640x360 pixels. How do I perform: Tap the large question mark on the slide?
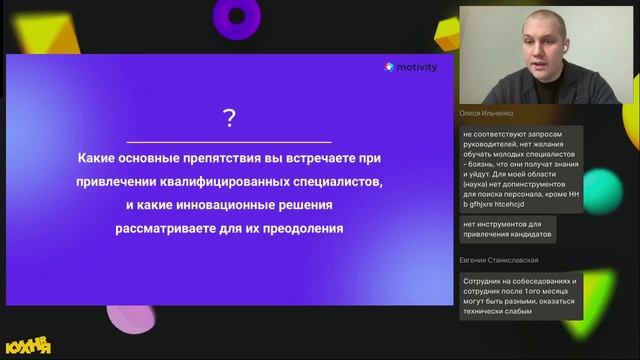(229, 120)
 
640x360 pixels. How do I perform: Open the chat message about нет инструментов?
(507, 231)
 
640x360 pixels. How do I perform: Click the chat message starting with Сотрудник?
(519, 297)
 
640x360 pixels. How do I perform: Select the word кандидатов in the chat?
(530, 236)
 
